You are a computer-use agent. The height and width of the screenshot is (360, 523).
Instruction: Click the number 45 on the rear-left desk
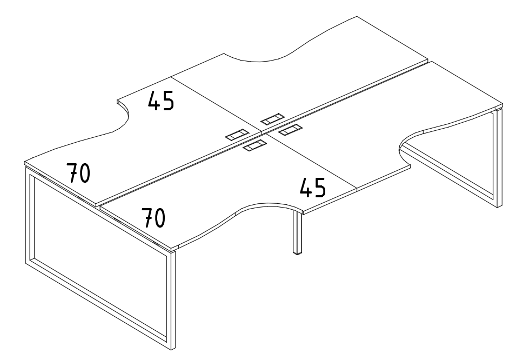pyautogui.click(x=161, y=101)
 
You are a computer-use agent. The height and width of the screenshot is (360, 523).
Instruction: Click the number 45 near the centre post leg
pyautogui.click(x=313, y=188)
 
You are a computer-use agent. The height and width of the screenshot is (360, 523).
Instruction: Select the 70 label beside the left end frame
pyautogui.click(x=78, y=173)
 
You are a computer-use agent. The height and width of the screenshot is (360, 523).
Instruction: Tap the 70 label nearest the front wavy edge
pyautogui.click(x=153, y=218)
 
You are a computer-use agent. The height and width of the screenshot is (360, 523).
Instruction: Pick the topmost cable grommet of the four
pyautogui.click(x=272, y=119)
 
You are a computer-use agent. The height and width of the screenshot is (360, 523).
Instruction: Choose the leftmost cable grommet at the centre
pyautogui.click(x=237, y=135)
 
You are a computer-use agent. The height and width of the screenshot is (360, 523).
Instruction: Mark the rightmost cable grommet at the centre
pyautogui.click(x=291, y=129)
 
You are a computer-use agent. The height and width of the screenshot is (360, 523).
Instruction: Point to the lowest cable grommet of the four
pyautogui.click(x=254, y=145)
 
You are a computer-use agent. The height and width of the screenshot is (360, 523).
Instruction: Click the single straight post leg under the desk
pyautogui.click(x=297, y=232)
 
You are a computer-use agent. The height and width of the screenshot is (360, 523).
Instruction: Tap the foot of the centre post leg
pyautogui.click(x=297, y=253)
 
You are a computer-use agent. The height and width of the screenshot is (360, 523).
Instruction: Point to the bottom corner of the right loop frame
pyautogui.click(x=498, y=207)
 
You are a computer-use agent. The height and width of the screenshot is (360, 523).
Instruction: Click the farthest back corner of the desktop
pyautogui.click(x=357, y=16)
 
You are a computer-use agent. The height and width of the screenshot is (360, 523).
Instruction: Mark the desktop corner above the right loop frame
pyautogui.click(x=502, y=104)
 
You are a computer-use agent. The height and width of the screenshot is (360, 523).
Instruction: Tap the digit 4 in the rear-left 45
pyautogui.click(x=154, y=101)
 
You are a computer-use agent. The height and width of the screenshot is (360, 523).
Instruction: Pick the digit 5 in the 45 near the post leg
pyautogui.click(x=320, y=188)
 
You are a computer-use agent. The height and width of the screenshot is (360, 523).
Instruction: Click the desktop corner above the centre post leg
pyautogui.click(x=303, y=211)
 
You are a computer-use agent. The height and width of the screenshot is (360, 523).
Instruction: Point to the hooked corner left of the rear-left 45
pyautogui.click(x=117, y=100)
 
